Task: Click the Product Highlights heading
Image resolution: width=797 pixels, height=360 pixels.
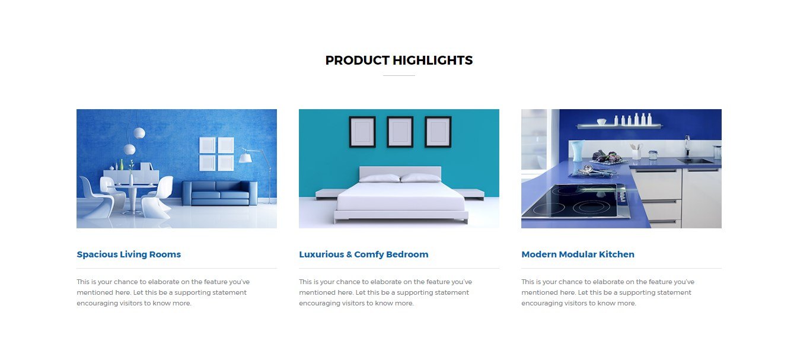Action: point(398,60)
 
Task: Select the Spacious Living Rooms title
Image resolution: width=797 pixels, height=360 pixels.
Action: point(129,254)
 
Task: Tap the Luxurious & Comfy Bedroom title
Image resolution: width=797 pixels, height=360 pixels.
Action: point(364,254)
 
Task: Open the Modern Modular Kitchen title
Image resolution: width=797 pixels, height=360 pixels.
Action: point(578,254)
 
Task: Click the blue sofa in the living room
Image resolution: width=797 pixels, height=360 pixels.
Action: point(216,193)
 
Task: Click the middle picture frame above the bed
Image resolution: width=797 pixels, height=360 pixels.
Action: point(400,131)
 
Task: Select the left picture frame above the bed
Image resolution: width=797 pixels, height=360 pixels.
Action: point(362,131)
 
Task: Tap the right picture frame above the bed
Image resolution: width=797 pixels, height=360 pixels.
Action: point(438,131)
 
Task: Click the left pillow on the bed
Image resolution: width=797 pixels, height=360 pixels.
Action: point(380,178)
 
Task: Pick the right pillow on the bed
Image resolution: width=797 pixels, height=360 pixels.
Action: point(420,178)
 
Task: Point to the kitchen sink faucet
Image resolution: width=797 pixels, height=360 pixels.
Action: point(687,145)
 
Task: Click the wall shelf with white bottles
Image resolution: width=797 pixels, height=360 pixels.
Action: point(619,125)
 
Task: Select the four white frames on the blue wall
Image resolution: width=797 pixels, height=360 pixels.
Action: point(216,154)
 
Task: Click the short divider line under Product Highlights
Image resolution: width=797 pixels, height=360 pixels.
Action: point(398,76)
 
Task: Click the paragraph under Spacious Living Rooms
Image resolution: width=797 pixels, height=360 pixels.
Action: point(163,292)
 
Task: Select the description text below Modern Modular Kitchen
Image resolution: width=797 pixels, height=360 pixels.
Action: point(608,292)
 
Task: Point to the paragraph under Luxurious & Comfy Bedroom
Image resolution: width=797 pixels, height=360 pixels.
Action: point(385,292)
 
